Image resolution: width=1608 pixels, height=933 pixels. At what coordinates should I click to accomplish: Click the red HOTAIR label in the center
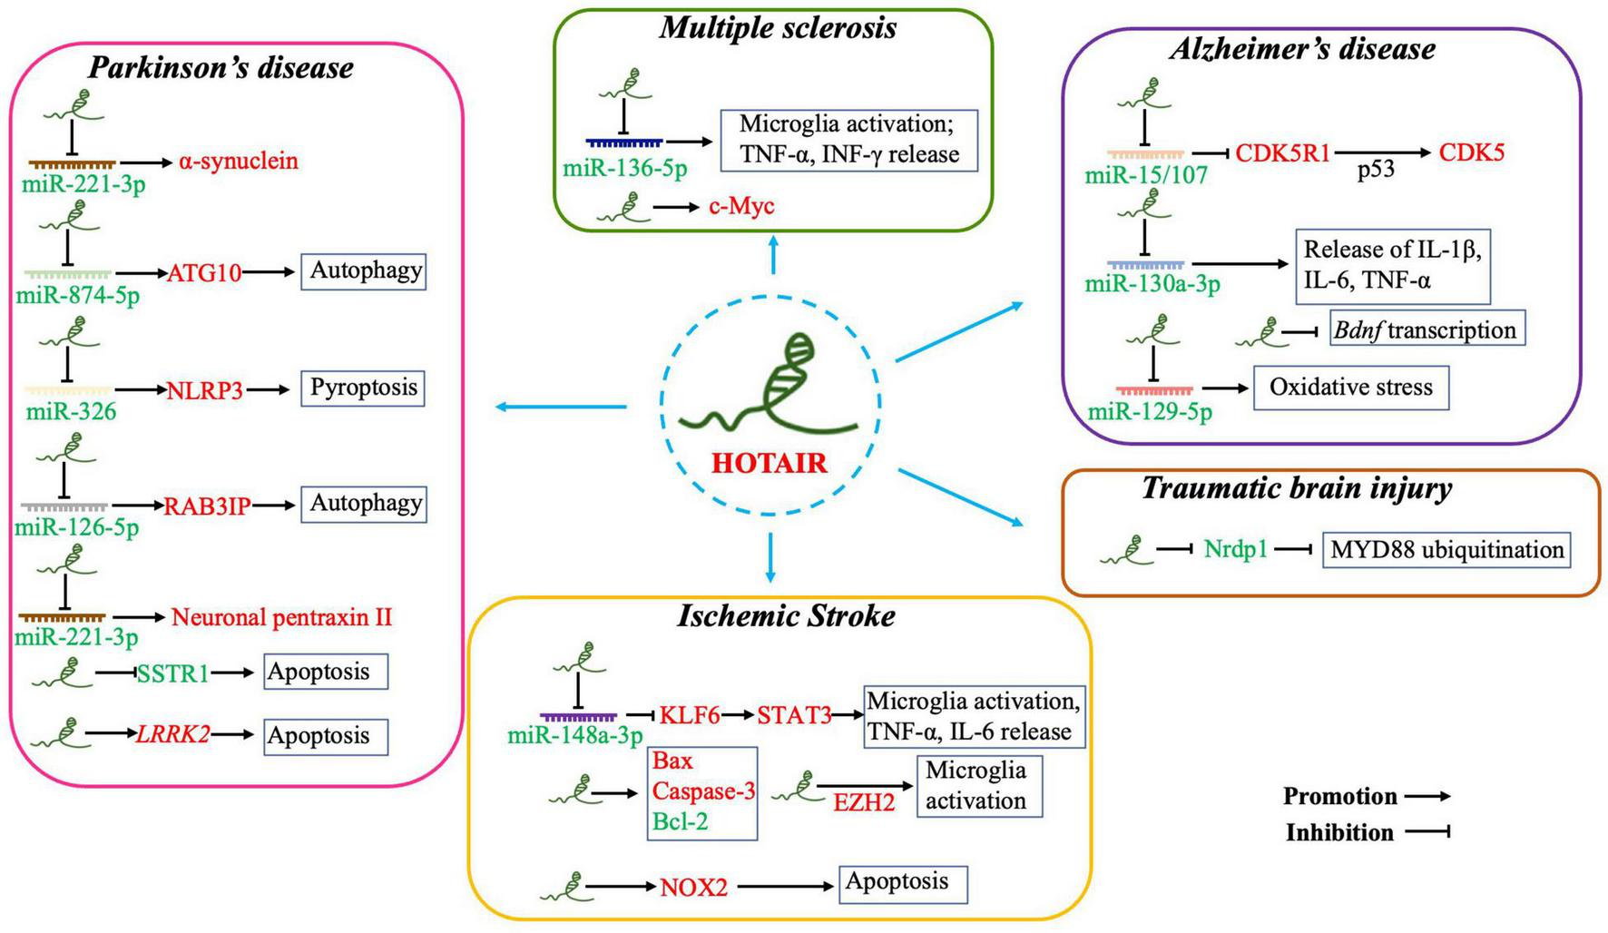pyautogui.click(x=769, y=463)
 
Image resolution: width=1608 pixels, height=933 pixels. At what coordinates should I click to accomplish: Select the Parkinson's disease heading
pyautogui.click(x=221, y=67)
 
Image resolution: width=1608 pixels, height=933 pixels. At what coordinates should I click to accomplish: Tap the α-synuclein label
pyautogui.click(x=238, y=162)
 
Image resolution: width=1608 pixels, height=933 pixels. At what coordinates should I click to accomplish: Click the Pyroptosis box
pyautogui.click(x=363, y=388)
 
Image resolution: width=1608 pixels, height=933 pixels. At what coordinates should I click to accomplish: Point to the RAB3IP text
pyautogui.click(x=207, y=506)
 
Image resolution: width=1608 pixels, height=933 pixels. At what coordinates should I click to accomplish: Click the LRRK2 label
pyautogui.click(x=172, y=734)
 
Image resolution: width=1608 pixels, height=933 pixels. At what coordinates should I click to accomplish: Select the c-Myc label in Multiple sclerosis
pyautogui.click(x=741, y=206)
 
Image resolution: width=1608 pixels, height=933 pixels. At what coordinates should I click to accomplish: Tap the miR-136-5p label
pyautogui.click(x=624, y=168)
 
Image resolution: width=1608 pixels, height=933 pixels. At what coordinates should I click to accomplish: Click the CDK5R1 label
pyautogui.click(x=1282, y=152)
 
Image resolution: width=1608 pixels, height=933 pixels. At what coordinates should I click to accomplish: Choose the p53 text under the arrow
pyautogui.click(x=1375, y=170)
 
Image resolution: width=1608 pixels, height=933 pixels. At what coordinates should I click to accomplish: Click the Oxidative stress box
pyautogui.click(x=1350, y=388)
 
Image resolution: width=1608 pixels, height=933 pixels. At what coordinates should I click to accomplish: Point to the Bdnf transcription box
pyautogui.click(x=1427, y=329)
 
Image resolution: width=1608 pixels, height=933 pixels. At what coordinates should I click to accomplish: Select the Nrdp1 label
pyautogui.click(x=1235, y=549)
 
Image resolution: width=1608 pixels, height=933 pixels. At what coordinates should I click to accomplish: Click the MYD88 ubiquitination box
pyautogui.click(x=1446, y=550)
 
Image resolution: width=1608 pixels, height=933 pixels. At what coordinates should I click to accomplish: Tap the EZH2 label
pyautogui.click(x=864, y=802)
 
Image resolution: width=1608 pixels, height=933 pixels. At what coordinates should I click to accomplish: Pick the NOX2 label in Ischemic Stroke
pyautogui.click(x=693, y=887)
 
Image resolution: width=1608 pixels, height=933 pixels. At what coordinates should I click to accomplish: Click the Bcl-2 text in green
pyautogui.click(x=680, y=821)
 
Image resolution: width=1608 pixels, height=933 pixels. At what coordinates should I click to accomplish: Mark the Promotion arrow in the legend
pyautogui.click(x=1427, y=797)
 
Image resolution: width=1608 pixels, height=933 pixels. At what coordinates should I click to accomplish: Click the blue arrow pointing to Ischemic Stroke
pyautogui.click(x=770, y=557)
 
